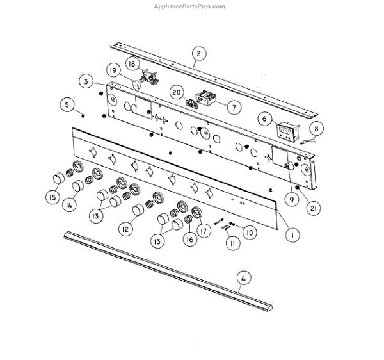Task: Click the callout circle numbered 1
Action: click(292, 235)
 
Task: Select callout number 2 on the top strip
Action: click(198, 54)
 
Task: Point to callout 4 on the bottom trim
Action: click(242, 278)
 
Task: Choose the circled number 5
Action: click(68, 104)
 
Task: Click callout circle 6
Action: click(264, 119)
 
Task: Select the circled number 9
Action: click(291, 199)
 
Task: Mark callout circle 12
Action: click(126, 229)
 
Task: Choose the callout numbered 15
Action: click(52, 197)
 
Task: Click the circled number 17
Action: click(203, 231)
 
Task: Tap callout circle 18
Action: click(132, 64)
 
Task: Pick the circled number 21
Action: click(314, 208)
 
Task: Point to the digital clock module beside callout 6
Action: click(286, 132)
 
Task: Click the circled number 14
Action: click(69, 205)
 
